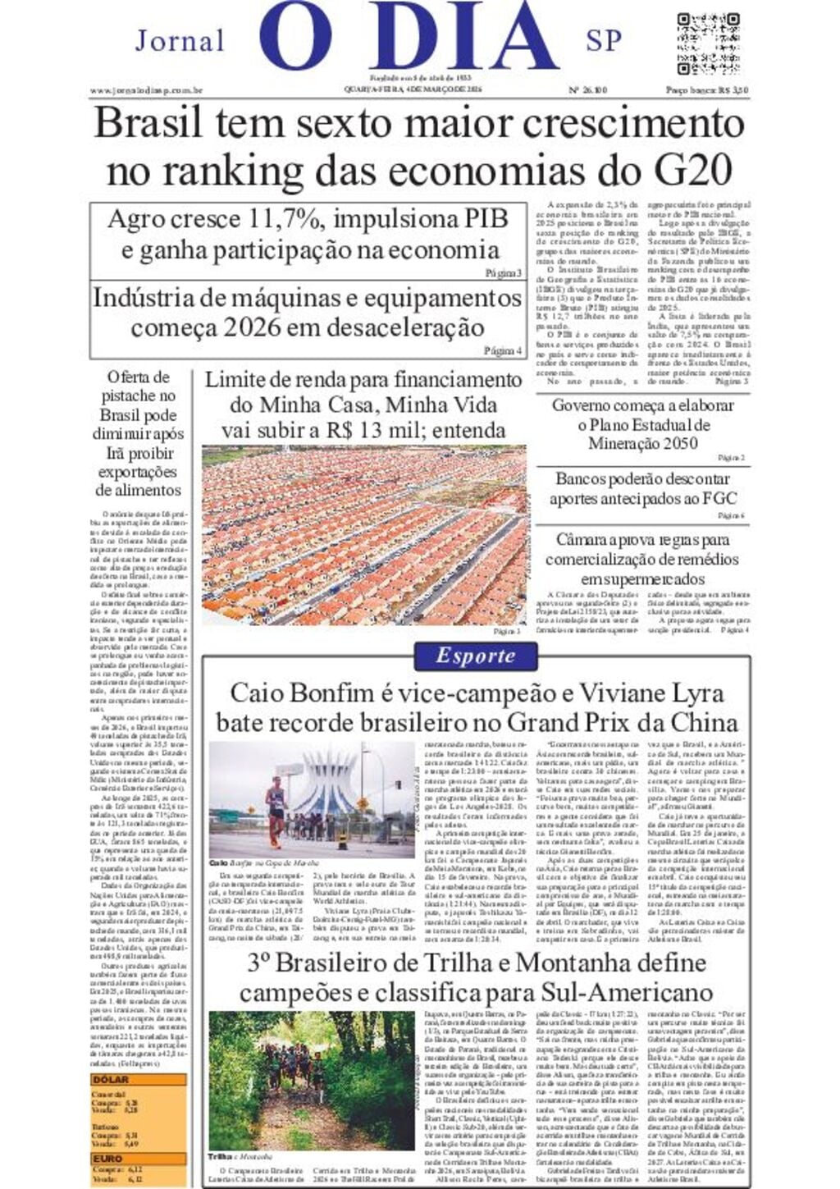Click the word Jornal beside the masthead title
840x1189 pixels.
(180, 41)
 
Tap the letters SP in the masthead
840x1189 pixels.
(604, 41)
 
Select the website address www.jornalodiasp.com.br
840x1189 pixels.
(146, 90)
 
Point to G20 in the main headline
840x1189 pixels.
(693, 171)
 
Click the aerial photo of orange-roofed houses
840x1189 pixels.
(364, 534)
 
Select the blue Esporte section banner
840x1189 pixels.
(476, 656)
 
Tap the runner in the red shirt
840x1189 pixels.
(275, 807)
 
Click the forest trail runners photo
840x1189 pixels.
(311, 1080)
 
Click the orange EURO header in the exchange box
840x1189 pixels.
(107, 1159)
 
